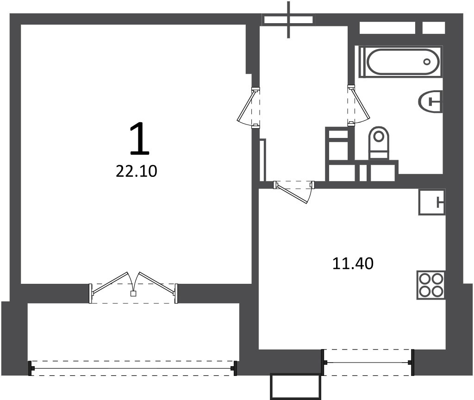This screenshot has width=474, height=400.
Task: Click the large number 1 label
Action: tap(140, 138)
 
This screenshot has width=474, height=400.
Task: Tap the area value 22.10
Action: tap(137, 171)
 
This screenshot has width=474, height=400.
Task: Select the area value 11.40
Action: tap(353, 263)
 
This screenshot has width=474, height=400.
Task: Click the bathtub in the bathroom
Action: tap(400, 62)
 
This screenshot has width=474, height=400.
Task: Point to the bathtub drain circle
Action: tap(427, 62)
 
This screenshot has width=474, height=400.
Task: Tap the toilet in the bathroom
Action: tap(379, 143)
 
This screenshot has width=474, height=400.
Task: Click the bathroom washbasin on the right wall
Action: tap(430, 101)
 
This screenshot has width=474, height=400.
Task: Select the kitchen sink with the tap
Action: tap(432, 202)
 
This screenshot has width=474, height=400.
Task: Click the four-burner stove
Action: tap(431, 285)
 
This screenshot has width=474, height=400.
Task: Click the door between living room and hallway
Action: tap(249, 107)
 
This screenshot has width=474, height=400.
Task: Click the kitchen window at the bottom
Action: tap(367, 362)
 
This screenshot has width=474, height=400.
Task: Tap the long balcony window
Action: tap(132, 368)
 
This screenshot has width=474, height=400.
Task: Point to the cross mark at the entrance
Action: tap(289, 19)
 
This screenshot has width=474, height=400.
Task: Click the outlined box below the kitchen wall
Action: tap(295, 387)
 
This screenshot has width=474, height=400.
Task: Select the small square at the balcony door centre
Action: tap(133, 293)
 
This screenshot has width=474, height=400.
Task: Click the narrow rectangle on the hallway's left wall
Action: tap(263, 160)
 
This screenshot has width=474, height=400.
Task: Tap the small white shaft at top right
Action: tap(433, 28)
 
